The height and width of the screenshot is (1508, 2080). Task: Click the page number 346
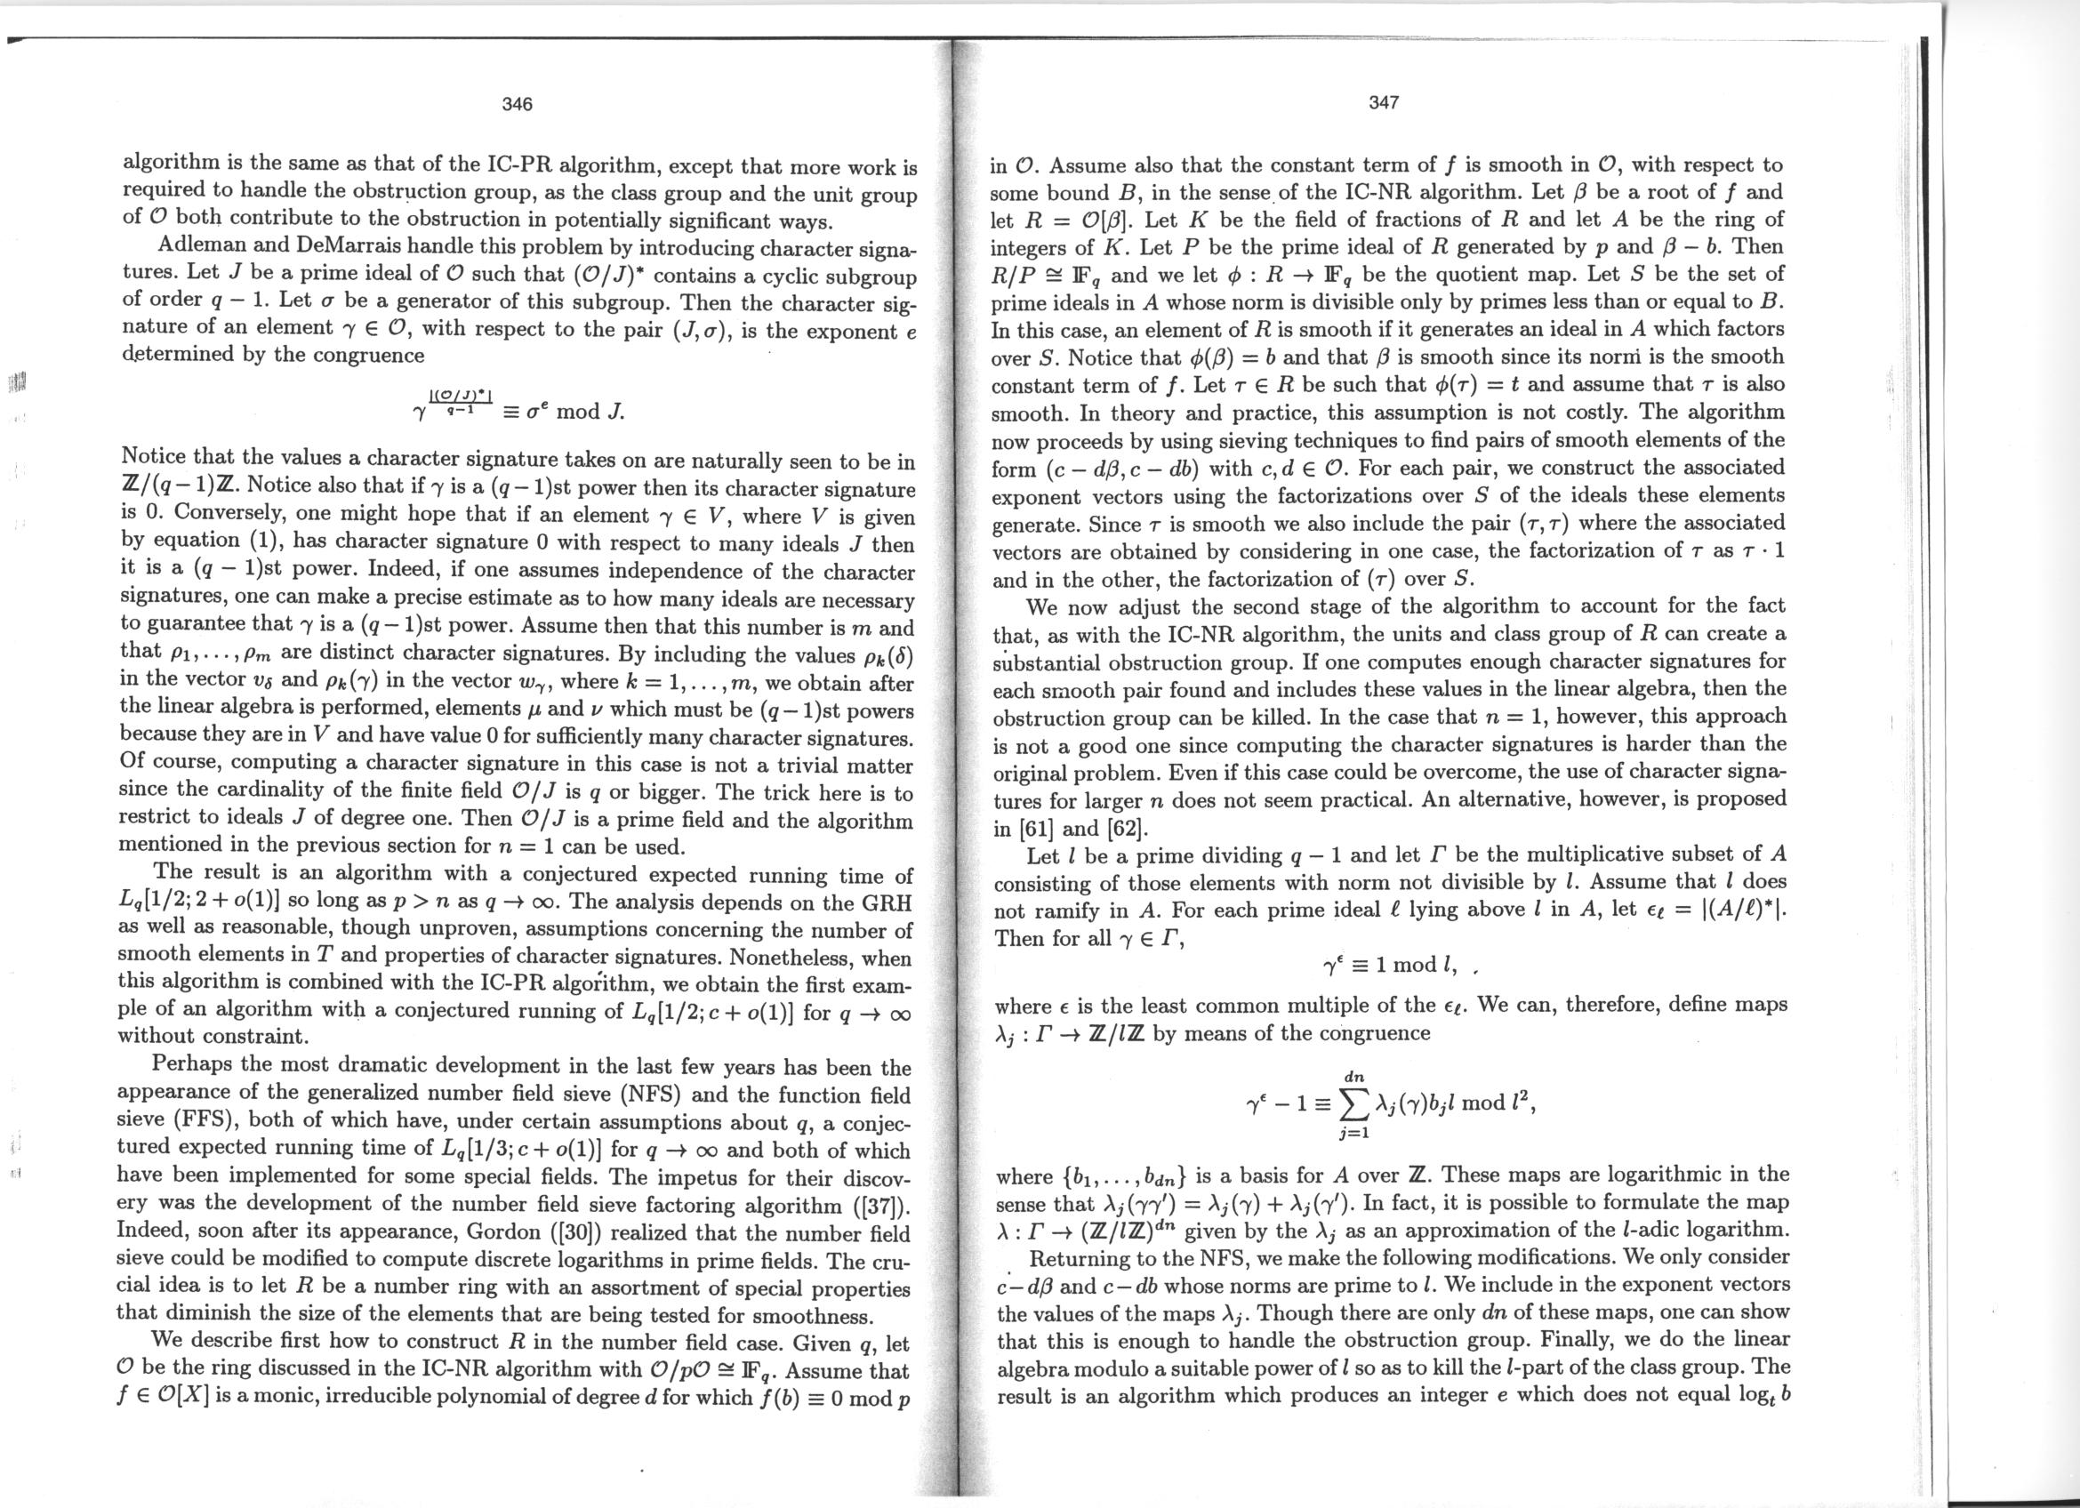pyautogui.click(x=518, y=105)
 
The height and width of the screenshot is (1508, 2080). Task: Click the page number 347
pyautogui.click(x=1383, y=102)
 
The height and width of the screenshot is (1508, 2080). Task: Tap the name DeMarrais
pyautogui.click(x=316, y=246)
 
